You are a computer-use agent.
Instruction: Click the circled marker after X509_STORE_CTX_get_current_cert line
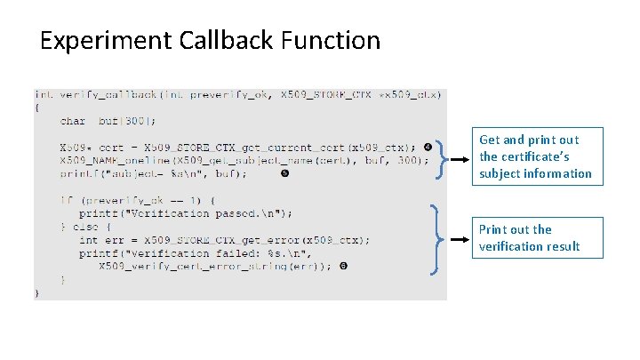(428, 146)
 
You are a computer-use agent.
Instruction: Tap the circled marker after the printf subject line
(284, 173)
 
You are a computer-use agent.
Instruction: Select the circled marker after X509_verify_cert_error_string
(343, 266)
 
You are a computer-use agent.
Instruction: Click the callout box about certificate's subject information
(535, 156)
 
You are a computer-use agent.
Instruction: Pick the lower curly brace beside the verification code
(436, 240)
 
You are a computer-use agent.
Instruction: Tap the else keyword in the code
(86, 227)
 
